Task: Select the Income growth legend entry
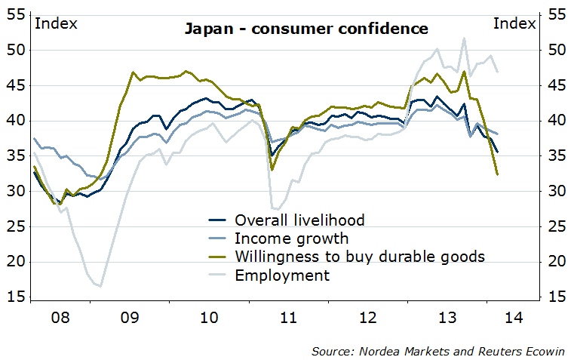291,238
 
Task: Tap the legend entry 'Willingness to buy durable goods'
359,257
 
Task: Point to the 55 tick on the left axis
14,14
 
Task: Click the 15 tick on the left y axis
14,297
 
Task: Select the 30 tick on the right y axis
555,192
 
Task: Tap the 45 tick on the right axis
555,85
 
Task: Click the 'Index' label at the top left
56,23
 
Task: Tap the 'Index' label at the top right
514,23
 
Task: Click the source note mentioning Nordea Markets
441,351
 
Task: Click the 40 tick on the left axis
14,121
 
